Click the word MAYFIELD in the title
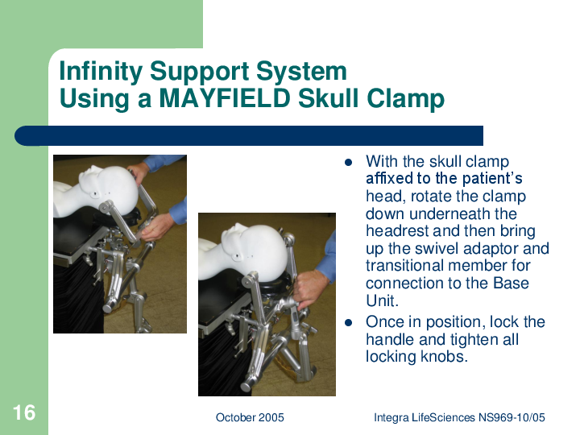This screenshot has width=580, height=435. (225, 98)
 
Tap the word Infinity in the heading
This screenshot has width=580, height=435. (101, 71)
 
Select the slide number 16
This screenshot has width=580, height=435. (24, 412)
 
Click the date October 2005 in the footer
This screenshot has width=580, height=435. (250, 417)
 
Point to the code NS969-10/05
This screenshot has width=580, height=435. (512, 417)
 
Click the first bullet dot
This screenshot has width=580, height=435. (348, 163)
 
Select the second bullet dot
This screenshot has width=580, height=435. (348, 322)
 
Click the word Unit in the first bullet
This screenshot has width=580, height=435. (382, 300)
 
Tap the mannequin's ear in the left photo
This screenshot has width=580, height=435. (96, 193)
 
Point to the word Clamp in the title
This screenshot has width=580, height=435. (405, 99)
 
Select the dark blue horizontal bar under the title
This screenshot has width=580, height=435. (249, 136)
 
